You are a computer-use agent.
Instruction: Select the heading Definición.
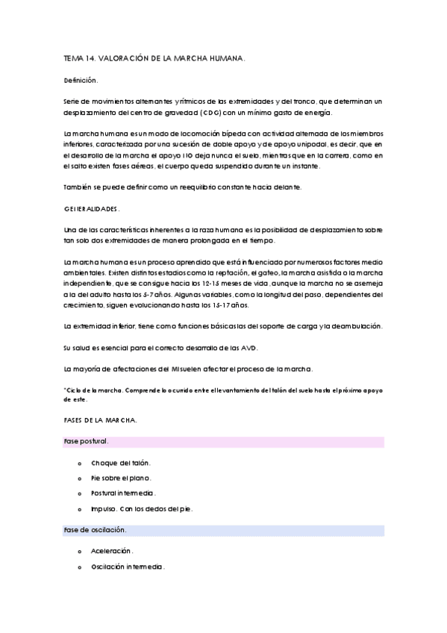(x=81, y=79)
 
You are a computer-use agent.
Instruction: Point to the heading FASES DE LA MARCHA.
(x=100, y=420)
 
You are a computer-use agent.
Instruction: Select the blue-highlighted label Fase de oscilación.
(x=95, y=530)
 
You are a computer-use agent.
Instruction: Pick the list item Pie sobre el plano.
(x=120, y=478)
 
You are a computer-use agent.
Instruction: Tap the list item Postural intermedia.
(x=123, y=493)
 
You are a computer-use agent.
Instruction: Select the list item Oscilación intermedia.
(x=128, y=566)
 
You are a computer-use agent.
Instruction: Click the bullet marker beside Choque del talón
(x=79, y=464)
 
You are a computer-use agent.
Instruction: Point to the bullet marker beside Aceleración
(x=79, y=552)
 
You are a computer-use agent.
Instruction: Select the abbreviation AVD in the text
(x=249, y=349)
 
